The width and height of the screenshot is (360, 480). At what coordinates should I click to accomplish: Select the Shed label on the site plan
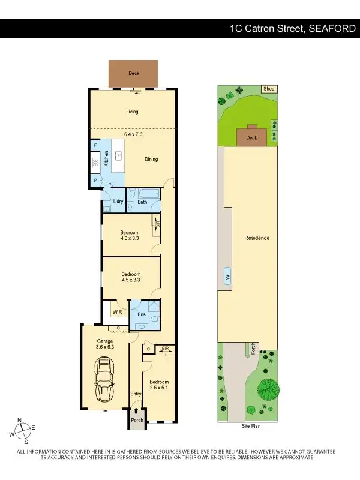(x=269, y=89)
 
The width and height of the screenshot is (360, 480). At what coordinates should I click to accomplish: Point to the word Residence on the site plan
(x=257, y=238)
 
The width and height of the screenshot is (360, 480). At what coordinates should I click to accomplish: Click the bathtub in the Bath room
(x=146, y=194)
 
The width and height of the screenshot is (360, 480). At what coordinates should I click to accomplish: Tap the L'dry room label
(x=118, y=202)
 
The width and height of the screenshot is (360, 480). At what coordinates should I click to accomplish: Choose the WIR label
(x=116, y=312)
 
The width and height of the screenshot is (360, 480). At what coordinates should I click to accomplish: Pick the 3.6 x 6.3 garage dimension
(x=104, y=346)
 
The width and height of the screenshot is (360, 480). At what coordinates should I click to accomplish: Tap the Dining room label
(x=151, y=159)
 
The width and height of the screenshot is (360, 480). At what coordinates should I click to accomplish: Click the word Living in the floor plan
(x=132, y=112)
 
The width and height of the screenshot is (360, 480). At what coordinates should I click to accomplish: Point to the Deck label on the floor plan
(x=133, y=74)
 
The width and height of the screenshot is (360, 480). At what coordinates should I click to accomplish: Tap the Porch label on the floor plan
(x=137, y=420)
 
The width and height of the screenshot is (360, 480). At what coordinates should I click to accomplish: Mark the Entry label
(x=136, y=394)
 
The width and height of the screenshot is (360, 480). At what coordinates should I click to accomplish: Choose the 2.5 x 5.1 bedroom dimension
(x=159, y=389)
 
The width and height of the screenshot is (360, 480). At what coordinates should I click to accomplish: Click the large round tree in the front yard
(x=268, y=389)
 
